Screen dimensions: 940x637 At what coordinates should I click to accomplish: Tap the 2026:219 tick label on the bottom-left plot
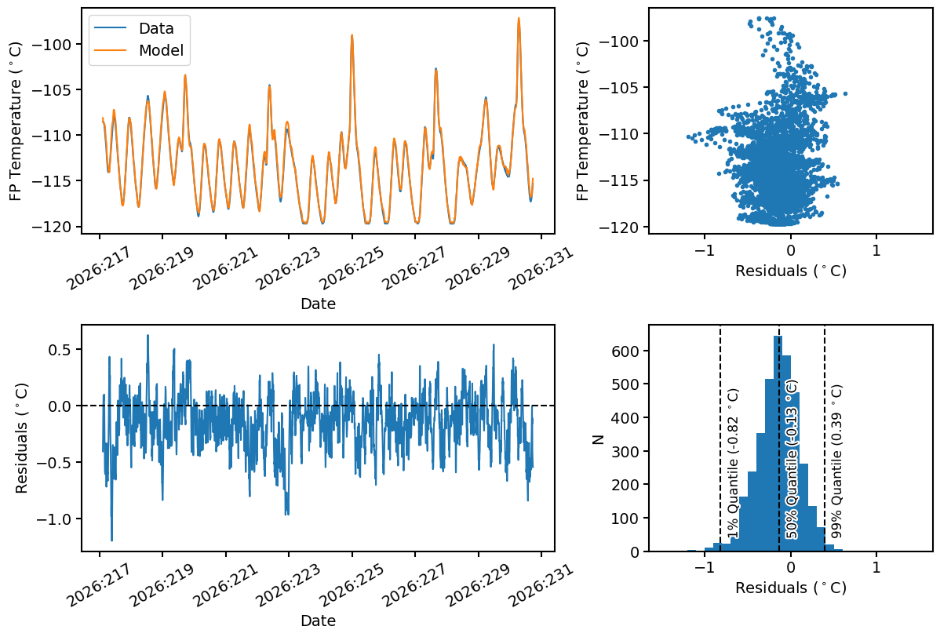pos(162,585)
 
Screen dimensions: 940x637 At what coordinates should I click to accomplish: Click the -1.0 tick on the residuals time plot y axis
pos(56,519)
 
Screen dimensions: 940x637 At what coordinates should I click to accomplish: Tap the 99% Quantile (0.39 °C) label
pos(837,460)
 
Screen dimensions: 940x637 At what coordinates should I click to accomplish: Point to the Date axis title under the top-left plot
pos(318,304)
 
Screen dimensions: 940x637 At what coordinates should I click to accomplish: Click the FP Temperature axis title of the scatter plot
pos(582,121)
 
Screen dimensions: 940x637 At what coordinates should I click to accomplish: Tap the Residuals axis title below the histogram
pos(791,588)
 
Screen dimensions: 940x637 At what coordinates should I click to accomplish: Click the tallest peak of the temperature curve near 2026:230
pos(519,18)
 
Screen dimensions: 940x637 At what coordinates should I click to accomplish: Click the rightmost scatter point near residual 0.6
pos(845,93)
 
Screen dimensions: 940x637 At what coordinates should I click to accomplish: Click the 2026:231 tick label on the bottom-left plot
pos(541,585)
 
